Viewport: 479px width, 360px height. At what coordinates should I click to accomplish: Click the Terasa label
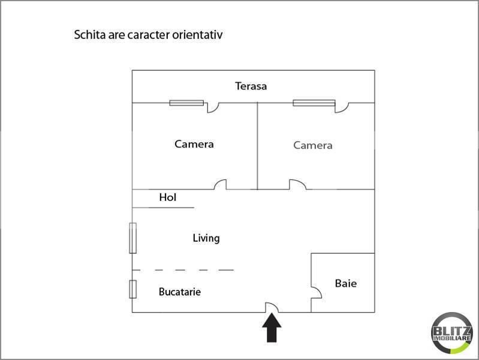(x=251, y=86)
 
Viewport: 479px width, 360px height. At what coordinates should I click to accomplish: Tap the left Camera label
(x=194, y=144)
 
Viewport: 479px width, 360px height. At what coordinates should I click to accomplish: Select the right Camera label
(x=312, y=145)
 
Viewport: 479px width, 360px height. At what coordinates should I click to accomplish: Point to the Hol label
(x=168, y=197)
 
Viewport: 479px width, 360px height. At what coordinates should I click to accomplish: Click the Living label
(x=206, y=238)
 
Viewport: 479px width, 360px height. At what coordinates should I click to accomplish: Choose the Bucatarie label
(x=179, y=292)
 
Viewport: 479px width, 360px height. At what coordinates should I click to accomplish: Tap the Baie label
(x=345, y=283)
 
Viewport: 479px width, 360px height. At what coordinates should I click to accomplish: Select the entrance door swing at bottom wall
(x=272, y=307)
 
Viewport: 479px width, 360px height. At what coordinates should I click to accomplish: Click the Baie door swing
(x=317, y=292)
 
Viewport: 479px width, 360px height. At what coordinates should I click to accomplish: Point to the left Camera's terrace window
(x=186, y=103)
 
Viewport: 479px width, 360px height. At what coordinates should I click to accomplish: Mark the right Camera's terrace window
(x=314, y=103)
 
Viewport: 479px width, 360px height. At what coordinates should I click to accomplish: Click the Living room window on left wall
(x=132, y=238)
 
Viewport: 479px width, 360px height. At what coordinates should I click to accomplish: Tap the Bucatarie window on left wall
(x=132, y=289)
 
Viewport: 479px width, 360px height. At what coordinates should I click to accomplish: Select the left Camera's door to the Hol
(x=221, y=185)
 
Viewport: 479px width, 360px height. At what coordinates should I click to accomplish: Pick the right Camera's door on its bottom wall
(x=297, y=185)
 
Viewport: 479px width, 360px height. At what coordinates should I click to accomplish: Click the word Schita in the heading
(x=87, y=35)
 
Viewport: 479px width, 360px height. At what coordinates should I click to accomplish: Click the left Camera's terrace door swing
(x=212, y=107)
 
